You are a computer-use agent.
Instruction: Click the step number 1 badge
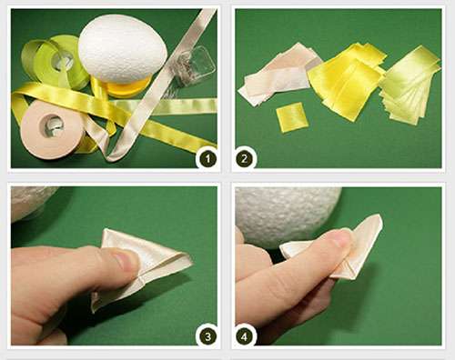click(x=209, y=158)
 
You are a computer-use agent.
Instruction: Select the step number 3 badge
click(x=209, y=336)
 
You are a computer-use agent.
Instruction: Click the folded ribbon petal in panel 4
click(x=359, y=250)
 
